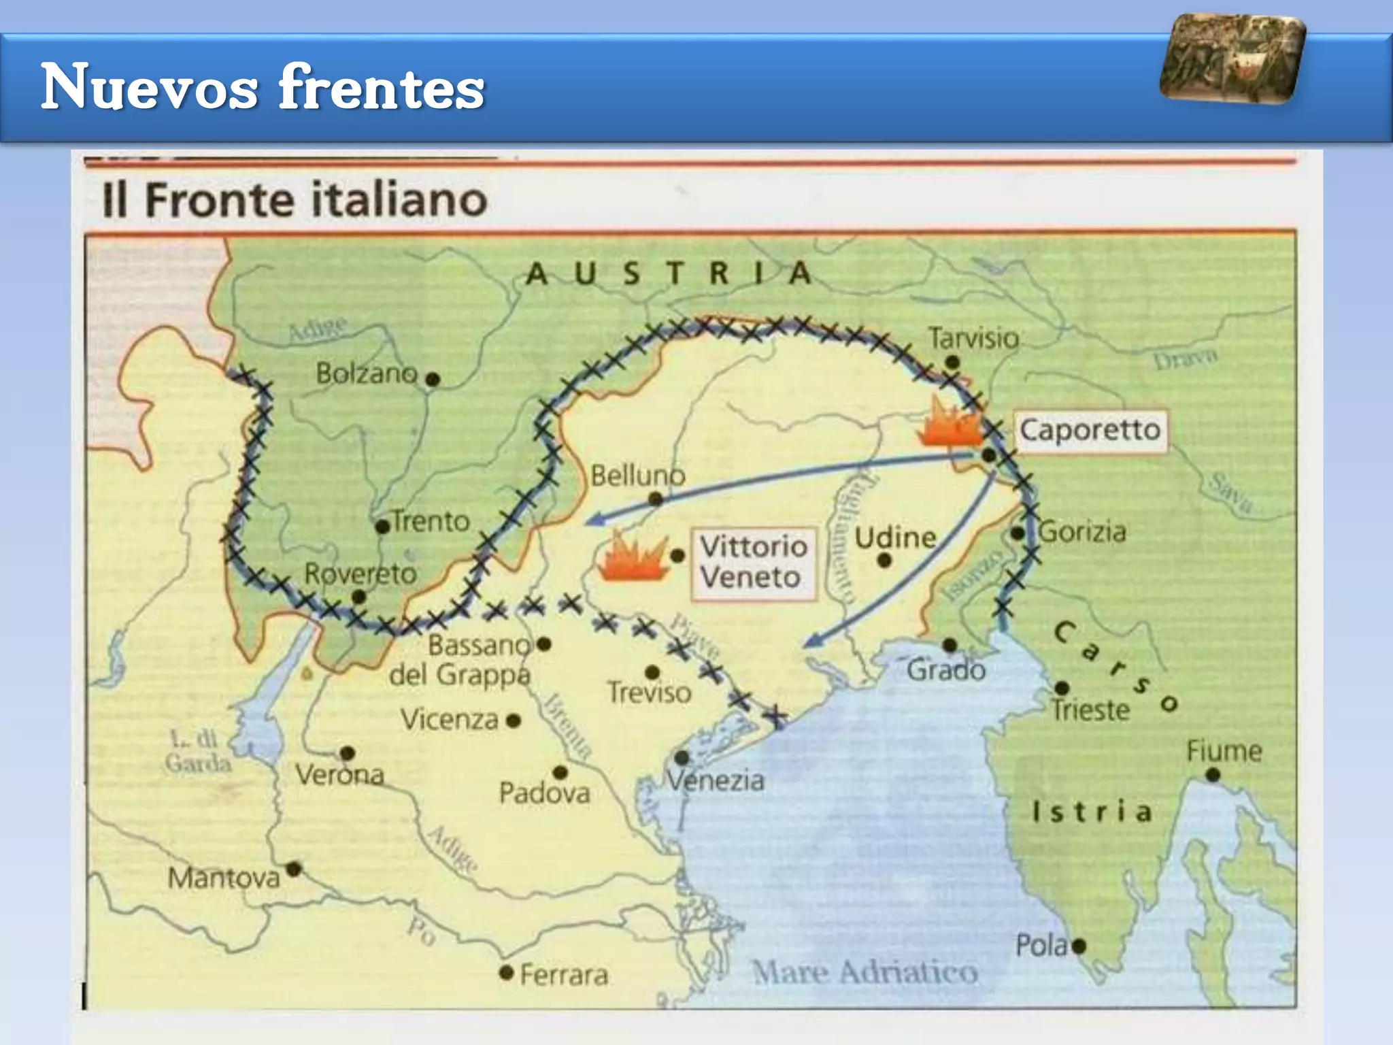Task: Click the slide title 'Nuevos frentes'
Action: (x=263, y=87)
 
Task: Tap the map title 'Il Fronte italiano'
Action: (x=295, y=200)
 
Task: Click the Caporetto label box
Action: (x=1090, y=430)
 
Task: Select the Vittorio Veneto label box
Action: (x=754, y=563)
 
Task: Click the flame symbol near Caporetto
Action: (x=950, y=423)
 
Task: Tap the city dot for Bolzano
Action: (x=433, y=380)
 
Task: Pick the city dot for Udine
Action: (x=884, y=561)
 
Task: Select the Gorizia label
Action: (x=1082, y=532)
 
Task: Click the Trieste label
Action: (x=1090, y=710)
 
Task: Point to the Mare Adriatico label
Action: (x=865, y=972)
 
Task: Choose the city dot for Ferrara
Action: (x=506, y=972)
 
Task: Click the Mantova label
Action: (x=224, y=878)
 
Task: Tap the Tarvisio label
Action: (x=973, y=338)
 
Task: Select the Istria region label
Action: (x=1092, y=811)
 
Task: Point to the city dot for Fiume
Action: (x=1212, y=775)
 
